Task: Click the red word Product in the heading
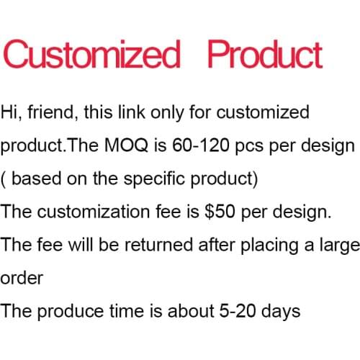(x=264, y=56)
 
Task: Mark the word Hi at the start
(x=9, y=112)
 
